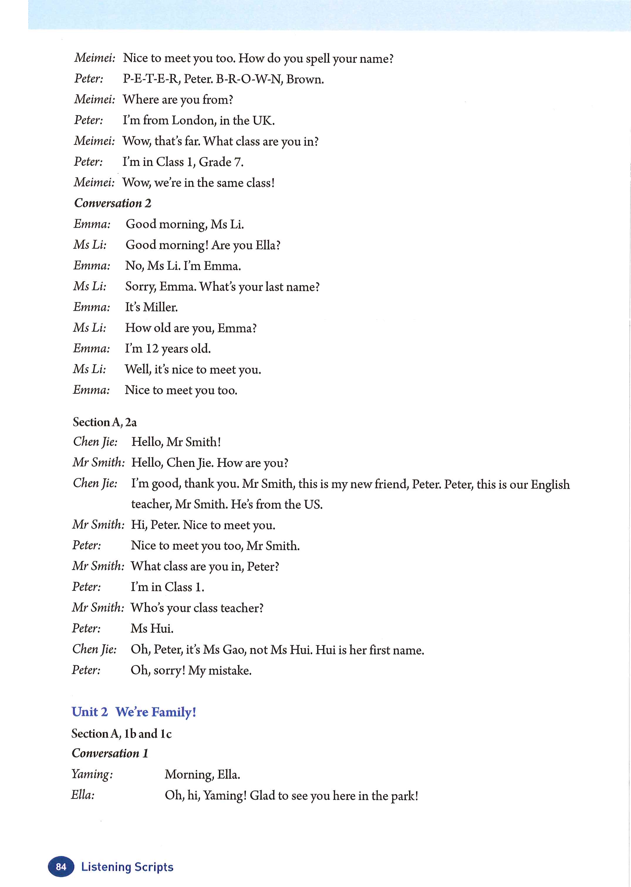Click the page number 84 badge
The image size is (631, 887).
point(61,867)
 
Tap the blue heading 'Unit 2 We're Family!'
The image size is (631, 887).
point(134,712)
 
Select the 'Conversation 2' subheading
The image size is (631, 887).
point(113,203)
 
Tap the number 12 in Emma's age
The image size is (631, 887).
point(152,348)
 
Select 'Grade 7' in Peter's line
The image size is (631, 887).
point(221,162)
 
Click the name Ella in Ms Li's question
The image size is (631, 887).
point(267,245)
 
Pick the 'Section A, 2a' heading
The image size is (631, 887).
point(104,422)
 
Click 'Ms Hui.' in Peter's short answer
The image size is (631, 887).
point(152,628)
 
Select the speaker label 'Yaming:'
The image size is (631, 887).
point(92,774)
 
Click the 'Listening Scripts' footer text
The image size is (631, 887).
point(127,867)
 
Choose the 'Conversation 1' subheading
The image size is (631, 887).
point(110,754)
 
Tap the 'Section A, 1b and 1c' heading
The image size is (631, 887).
point(121,733)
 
